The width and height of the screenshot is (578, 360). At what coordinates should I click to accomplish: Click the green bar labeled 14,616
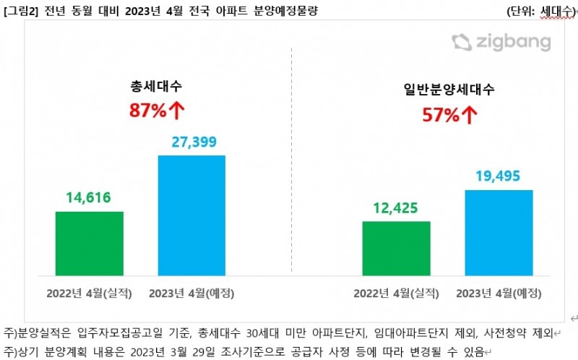pyautogui.click(x=89, y=244)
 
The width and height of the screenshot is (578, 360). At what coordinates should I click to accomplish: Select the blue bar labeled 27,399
pyautogui.click(x=191, y=215)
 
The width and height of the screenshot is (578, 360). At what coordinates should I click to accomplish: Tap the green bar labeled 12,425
pyautogui.click(x=396, y=248)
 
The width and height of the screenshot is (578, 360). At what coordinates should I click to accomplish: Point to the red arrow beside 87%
pyautogui.click(x=177, y=111)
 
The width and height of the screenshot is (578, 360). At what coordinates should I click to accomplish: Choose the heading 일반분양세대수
pyautogui.click(x=449, y=90)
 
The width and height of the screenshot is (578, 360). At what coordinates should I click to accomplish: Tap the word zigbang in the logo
pyautogui.click(x=513, y=43)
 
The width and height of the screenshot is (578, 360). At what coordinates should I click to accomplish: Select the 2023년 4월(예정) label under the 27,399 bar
pyautogui.click(x=191, y=293)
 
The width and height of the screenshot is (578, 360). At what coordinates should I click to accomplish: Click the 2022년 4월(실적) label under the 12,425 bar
pyautogui.click(x=396, y=293)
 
